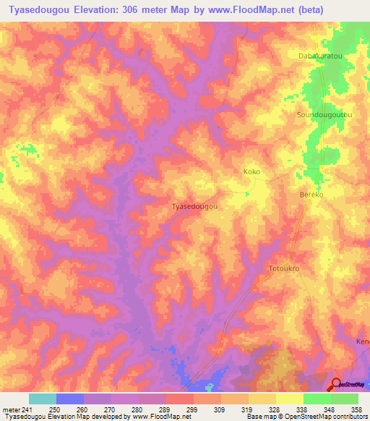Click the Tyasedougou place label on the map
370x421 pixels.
click(x=194, y=206)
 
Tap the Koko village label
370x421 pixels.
click(x=251, y=171)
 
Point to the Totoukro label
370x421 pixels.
click(x=284, y=268)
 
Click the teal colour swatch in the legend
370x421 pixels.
click(x=43, y=399)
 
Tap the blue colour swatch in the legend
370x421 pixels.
click(x=70, y=399)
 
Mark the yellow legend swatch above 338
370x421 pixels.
click(x=289, y=399)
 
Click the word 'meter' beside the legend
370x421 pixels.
click(x=12, y=409)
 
